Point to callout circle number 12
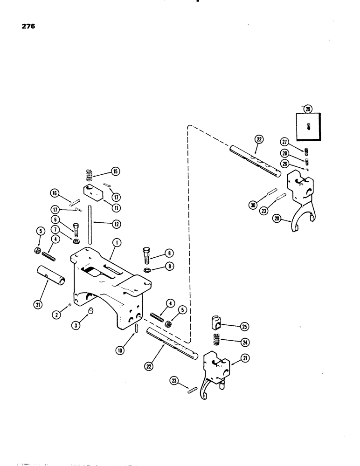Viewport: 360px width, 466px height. tap(116, 224)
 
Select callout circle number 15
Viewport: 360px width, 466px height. tap(115, 171)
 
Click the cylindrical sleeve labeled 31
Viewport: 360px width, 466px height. tap(50, 280)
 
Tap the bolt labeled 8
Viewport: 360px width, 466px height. tap(145, 254)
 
